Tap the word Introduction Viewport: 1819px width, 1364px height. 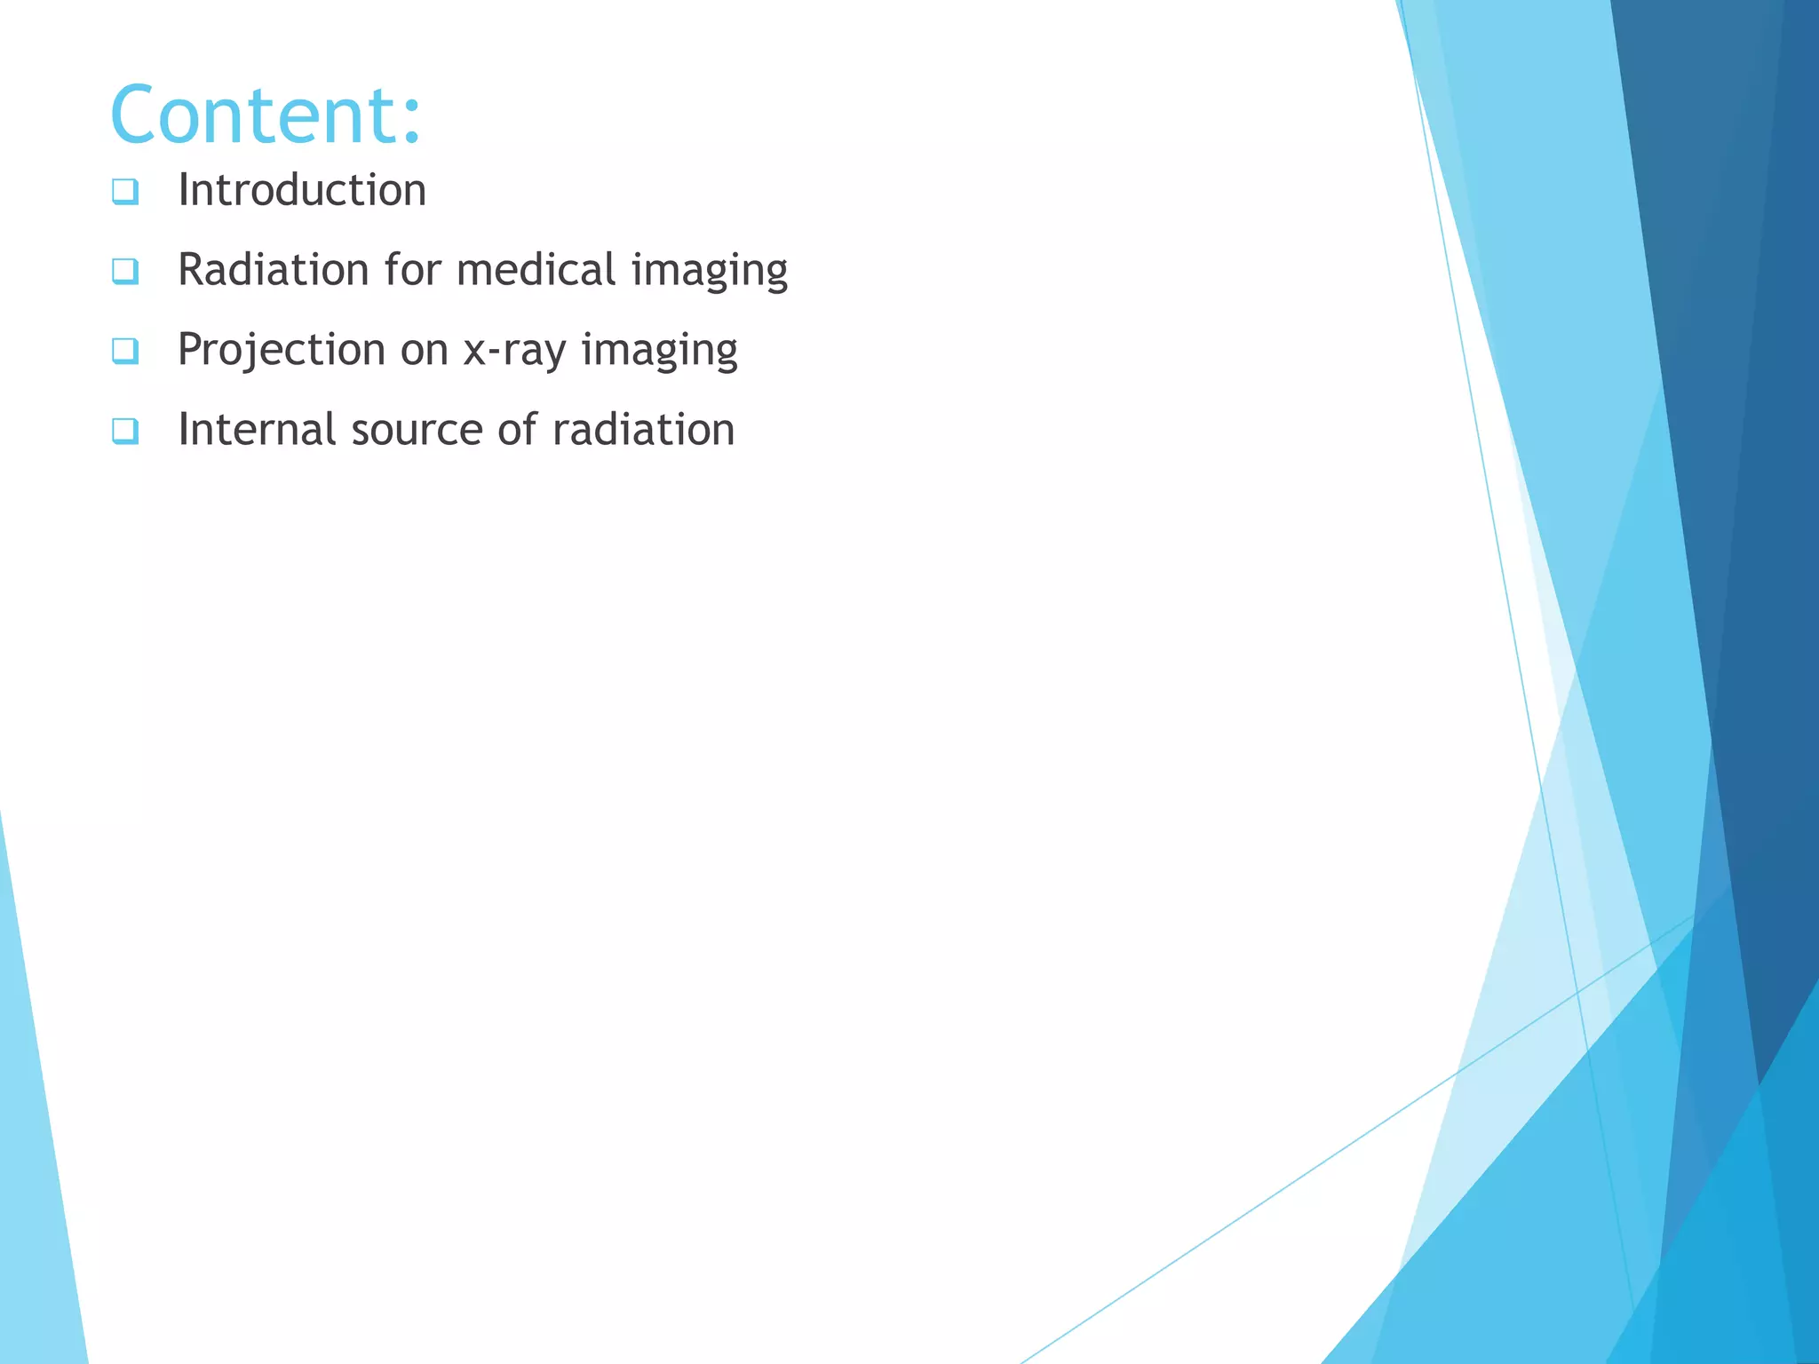tap(302, 190)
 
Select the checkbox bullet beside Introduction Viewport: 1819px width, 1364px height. tap(125, 191)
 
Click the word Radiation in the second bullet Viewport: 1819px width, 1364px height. tap(273, 269)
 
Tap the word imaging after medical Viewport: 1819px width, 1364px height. tap(709, 271)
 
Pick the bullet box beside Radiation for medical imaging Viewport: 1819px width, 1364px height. tap(125, 271)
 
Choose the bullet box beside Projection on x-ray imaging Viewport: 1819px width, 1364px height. tap(125, 351)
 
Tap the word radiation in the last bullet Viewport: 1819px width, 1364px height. tap(643, 430)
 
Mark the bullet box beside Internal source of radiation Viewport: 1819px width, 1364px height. tap(125, 431)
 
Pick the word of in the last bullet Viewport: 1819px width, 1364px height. tap(517, 430)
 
